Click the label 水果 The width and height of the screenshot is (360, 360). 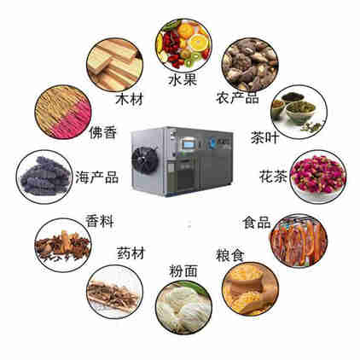point(183,79)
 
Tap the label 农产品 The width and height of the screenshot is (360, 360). point(237,97)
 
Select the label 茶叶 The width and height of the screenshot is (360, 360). point(264,137)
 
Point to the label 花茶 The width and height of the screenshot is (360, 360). point(273,176)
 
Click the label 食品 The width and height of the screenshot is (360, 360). point(257,223)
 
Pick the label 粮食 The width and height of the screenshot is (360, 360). point(230,255)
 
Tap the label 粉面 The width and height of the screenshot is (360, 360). point(183,271)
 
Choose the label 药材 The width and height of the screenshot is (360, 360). point(131,253)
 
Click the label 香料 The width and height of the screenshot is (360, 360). point(100,221)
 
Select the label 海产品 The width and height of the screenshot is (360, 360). point(97,177)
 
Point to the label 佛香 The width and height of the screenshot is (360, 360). point(103,132)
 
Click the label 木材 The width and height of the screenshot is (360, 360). point(130,99)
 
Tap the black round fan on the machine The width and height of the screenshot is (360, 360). point(145,160)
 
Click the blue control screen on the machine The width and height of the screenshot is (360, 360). point(189,143)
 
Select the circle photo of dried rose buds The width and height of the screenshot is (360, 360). point(318,177)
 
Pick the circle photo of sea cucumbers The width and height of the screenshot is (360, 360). point(44,177)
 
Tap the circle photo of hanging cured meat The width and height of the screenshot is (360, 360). point(299,241)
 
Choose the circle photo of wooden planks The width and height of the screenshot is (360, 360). point(114,65)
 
